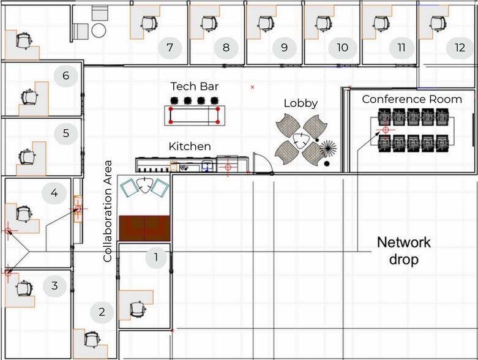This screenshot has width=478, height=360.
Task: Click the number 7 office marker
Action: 170,48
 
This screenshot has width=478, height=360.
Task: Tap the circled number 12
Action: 460,48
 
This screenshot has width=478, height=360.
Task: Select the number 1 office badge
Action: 156,258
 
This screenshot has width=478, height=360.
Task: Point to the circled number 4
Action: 54,193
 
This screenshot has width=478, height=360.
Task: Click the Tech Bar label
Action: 195,86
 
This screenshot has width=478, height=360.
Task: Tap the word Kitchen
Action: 190,146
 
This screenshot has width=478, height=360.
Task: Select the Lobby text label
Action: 301,103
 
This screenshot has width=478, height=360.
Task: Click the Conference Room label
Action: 412,99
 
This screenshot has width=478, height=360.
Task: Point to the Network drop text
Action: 404,251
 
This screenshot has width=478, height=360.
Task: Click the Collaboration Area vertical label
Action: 108,211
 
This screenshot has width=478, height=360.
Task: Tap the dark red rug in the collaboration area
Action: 144,228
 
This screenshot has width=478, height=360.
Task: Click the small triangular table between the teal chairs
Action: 144,185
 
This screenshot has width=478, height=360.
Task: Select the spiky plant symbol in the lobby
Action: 328,149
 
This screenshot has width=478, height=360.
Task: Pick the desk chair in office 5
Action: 28,157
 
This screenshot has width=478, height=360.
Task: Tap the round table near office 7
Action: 99,31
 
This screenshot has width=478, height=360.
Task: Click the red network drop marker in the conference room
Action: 386,130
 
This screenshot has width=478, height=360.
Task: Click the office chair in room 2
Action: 92,340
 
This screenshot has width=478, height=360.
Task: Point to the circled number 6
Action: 66,76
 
